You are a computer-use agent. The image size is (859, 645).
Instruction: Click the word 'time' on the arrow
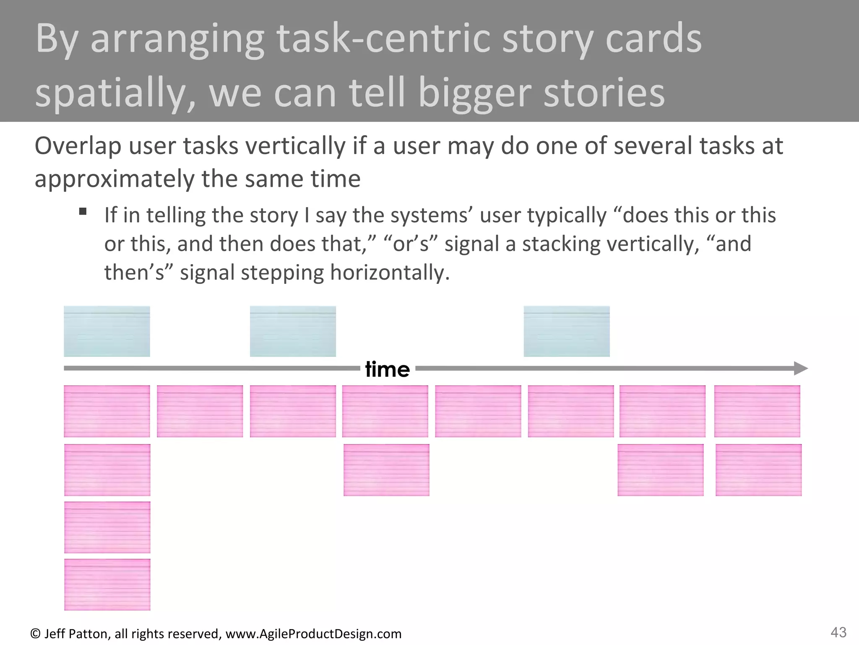[387, 370]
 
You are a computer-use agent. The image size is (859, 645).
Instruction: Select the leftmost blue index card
[107, 331]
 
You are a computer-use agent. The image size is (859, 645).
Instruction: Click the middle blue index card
[293, 331]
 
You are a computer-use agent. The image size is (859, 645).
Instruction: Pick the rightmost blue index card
[566, 331]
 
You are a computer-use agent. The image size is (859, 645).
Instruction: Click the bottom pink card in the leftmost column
[107, 585]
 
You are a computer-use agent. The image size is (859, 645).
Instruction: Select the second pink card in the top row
[200, 412]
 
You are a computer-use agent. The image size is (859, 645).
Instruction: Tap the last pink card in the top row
[757, 412]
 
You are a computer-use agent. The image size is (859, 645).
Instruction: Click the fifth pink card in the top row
[478, 412]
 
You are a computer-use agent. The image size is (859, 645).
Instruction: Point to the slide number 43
[838, 632]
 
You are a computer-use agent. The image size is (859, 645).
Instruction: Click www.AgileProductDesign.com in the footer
[313, 634]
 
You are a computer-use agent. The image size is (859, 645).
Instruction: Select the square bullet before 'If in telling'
[83, 211]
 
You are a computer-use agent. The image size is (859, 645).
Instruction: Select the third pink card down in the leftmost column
[107, 527]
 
